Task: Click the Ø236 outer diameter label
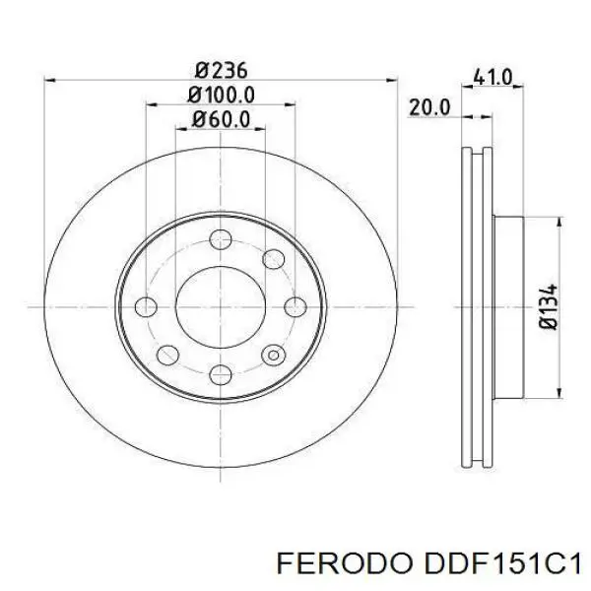(221, 70)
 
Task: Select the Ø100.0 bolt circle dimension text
(221, 95)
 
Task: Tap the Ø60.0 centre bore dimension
(221, 119)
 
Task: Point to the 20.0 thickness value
(429, 107)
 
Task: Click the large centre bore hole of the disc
(221, 305)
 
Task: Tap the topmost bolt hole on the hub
(221, 237)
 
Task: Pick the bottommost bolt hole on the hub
(221, 373)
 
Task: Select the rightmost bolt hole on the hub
(295, 305)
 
